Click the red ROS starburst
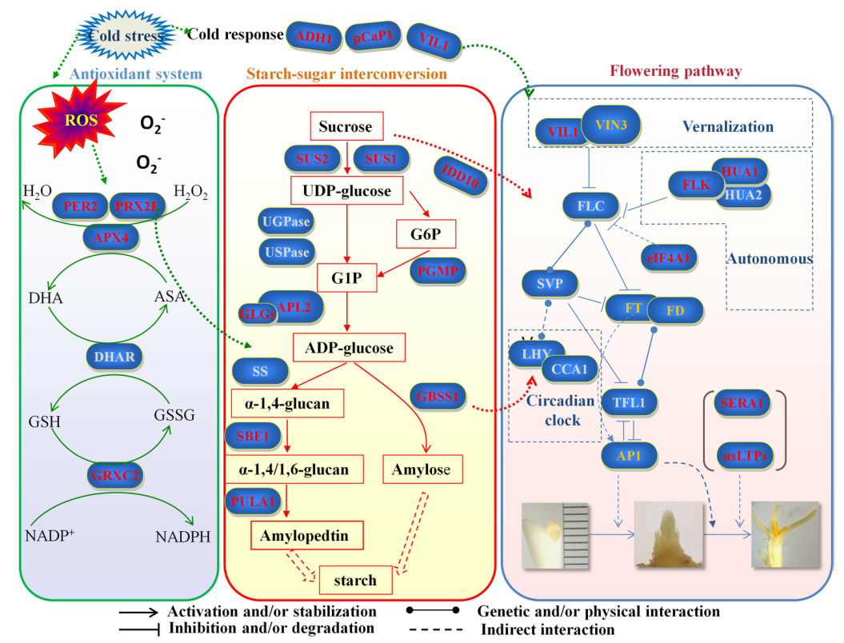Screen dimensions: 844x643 pos(80,121)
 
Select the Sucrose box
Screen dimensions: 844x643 pos(346,126)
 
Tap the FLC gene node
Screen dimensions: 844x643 pos(590,206)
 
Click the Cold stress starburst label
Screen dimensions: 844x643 pos(126,35)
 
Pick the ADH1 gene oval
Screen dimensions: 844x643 pos(314,37)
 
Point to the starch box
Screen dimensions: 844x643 pos(355,580)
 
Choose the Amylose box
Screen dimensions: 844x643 pos(422,469)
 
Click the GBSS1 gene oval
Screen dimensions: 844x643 pos(437,397)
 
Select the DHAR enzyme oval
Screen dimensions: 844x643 pos(114,357)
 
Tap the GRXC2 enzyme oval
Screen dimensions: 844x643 pos(114,475)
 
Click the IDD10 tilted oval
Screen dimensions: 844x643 pos(460,175)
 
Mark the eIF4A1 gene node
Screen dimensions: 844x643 pos(668,258)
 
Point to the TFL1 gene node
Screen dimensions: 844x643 pos(629,402)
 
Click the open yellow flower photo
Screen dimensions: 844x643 pos(786,534)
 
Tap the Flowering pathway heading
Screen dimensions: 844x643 pos(675,71)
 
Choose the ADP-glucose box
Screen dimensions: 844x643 pos(349,348)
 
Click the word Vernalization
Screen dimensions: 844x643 pos(728,126)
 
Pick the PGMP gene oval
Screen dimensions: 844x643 pos(437,270)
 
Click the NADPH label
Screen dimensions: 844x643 pos(183,537)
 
